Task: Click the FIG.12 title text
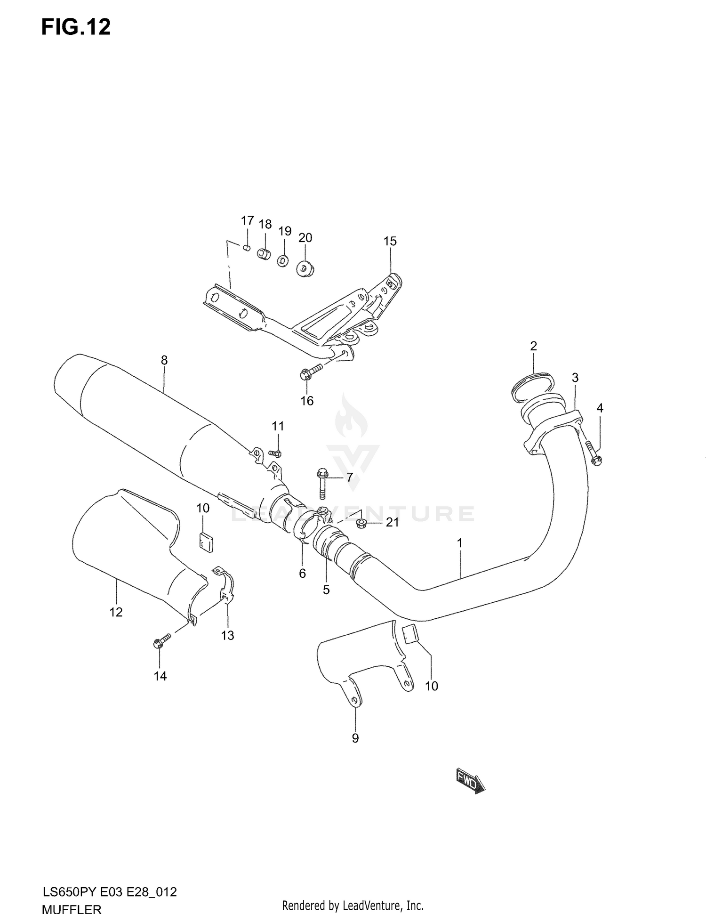76,27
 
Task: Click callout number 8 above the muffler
164,360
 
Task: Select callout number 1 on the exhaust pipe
459,543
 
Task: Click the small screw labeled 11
275,453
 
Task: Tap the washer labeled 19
283,260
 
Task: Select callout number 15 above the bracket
390,241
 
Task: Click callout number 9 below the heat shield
355,738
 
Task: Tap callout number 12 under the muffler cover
116,612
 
